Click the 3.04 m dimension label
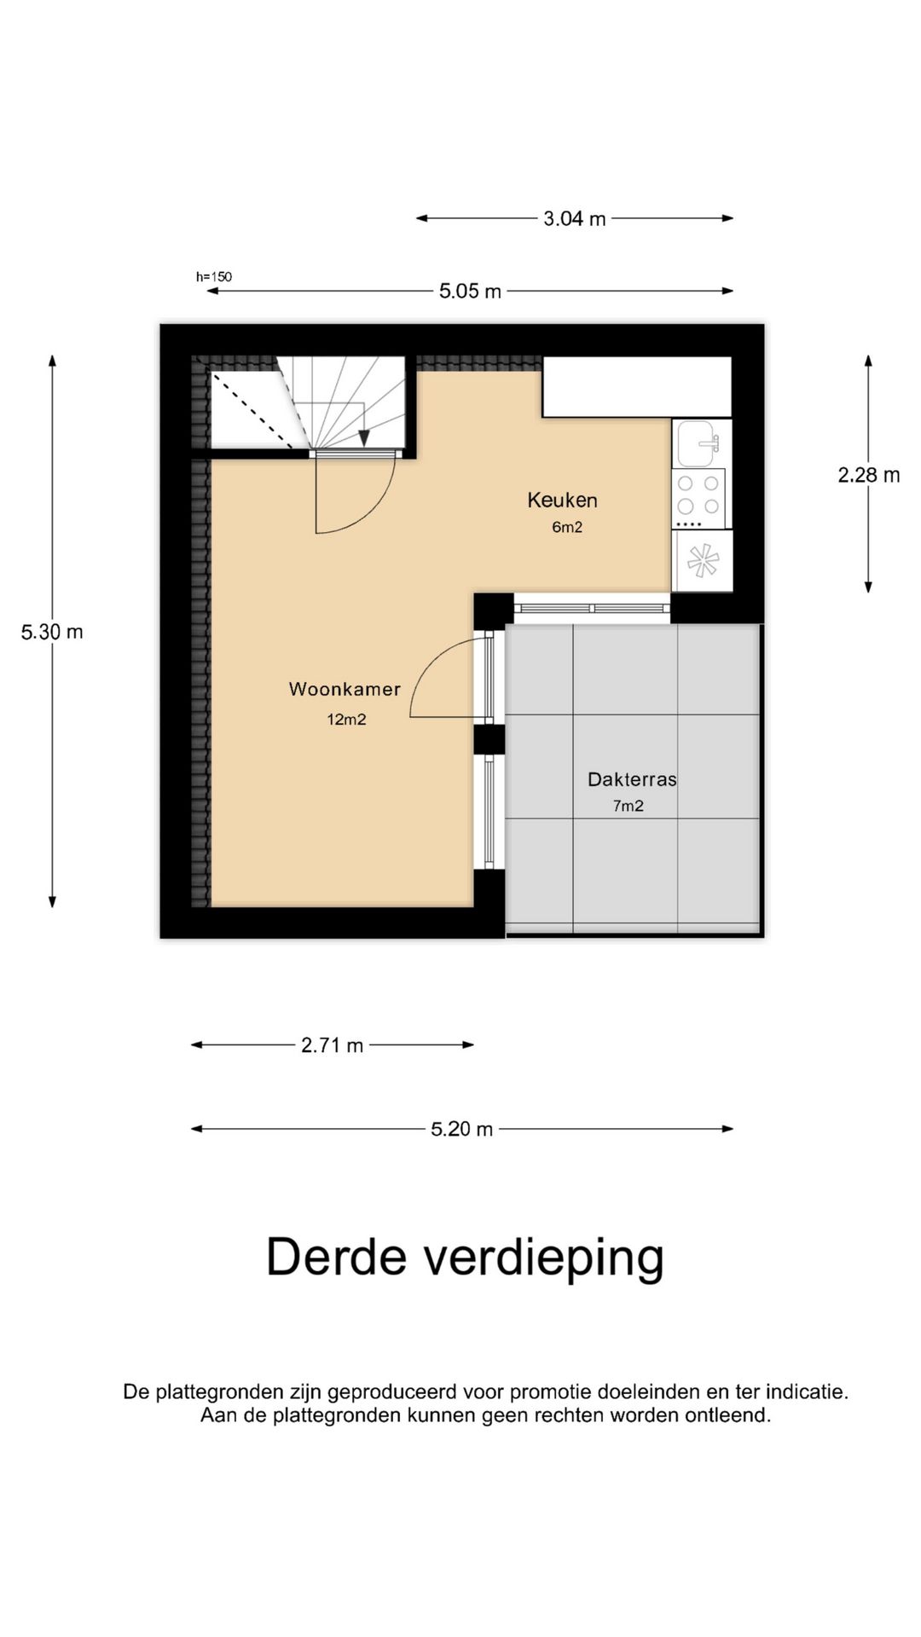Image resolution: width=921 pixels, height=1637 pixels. [575, 219]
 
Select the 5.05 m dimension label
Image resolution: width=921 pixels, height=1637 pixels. [470, 292]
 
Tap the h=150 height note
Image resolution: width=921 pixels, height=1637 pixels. [214, 276]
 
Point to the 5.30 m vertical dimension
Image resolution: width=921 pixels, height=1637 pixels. [52, 632]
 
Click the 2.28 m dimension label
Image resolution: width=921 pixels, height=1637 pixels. [868, 475]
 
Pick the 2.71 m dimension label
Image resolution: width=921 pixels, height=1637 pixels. [332, 1045]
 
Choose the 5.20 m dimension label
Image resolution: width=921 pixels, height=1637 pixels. [461, 1130]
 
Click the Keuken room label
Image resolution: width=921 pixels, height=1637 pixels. [562, 500]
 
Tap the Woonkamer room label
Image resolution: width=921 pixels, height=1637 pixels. [345, 689]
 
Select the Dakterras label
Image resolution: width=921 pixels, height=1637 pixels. [632, 779]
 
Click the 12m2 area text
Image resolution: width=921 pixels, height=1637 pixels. [346, 720]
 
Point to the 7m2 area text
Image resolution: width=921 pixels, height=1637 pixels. [628, 806]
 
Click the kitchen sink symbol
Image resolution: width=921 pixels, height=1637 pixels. [700, 443]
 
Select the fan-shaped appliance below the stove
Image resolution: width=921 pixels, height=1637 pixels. [703, 561]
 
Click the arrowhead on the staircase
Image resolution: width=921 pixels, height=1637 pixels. [364, 437]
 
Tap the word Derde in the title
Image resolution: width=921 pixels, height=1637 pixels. [337, 1258]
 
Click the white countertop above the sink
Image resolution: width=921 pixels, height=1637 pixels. [637, 387]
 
